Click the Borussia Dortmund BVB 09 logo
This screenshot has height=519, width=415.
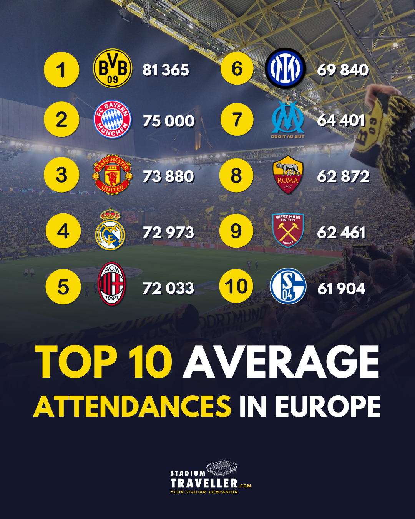(x=113, y=68)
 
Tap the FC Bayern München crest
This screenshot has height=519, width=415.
(x=112, y=120)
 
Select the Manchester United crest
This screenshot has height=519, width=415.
(x=112, y=175)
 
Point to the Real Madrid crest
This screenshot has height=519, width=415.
(x=110, y=229)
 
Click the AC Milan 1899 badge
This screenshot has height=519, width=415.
(x=111, y=284)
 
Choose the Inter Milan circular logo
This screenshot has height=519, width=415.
(x=285, y=68)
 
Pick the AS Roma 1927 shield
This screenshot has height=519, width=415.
(x=288, y=175)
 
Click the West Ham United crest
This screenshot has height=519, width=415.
(x=288, y=231)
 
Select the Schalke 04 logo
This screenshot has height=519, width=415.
(x=288, y=286)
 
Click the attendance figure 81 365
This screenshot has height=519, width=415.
(x=166, y=70)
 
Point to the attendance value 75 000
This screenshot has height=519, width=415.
(x=169, y=121)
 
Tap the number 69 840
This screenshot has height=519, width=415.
(x=343, y=70)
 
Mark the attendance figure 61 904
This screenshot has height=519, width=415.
(x=341, y=289)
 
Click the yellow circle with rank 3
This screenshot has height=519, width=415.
(x=61, y=175)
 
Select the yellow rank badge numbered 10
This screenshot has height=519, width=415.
(x=236, y=286)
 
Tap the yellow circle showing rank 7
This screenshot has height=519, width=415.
(x=237, y=120)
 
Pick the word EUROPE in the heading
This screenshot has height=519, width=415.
(x=328, y=406)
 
